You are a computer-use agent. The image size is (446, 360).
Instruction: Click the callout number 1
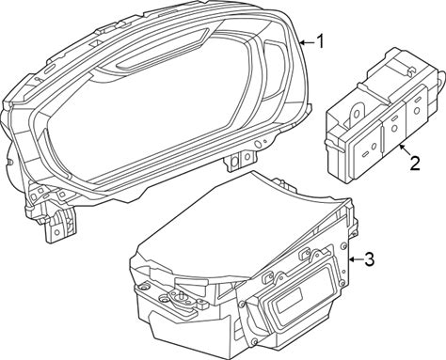320,41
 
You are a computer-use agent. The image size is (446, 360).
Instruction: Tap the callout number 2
415,163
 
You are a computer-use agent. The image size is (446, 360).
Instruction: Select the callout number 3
369,259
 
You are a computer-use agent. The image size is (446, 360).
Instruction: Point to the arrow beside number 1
307,42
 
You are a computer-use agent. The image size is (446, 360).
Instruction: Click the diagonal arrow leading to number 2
405,150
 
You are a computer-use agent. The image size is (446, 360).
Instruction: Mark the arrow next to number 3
356,259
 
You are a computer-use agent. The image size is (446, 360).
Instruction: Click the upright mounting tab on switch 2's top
357,115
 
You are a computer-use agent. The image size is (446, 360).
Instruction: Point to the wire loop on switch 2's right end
441,78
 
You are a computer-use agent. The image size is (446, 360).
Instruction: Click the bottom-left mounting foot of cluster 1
59,226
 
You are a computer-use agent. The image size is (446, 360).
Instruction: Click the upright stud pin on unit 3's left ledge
181,294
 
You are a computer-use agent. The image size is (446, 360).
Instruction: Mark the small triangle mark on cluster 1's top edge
96,42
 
